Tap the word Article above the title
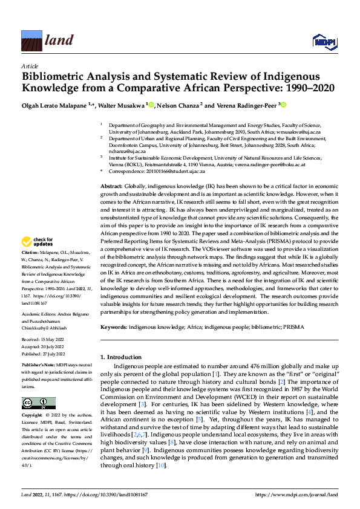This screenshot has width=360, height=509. point(30,66)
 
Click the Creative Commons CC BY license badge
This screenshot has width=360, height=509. point(38,403)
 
